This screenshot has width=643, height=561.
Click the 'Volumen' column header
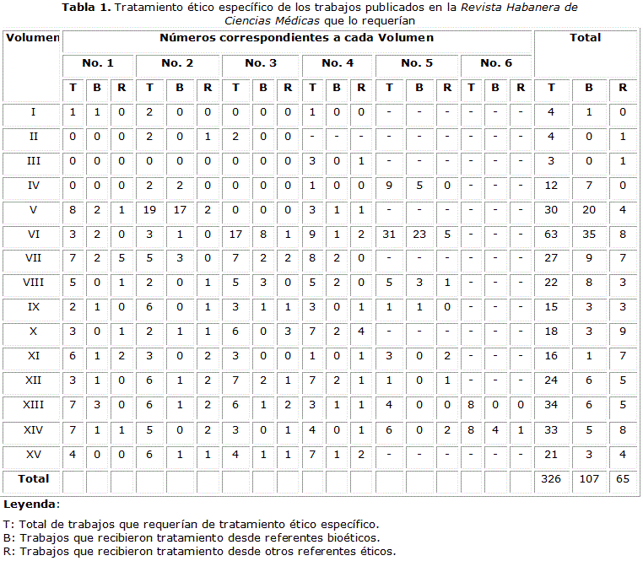point(32,38)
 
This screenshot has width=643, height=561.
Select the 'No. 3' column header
point(261,63)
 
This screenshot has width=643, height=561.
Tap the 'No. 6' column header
point(496,63)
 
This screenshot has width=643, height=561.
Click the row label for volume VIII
point(33,283)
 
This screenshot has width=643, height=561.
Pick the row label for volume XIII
point(33,406)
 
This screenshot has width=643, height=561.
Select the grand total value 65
point(623,479)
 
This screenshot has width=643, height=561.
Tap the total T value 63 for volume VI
point(551,235)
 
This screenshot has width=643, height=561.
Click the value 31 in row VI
point(390,235)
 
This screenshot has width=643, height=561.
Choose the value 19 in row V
point(149,210)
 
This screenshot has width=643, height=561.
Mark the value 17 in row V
point(180,210)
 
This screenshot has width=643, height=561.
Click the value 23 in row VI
point(419,235)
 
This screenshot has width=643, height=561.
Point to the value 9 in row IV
point(390,186)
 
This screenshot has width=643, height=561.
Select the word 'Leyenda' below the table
point(30,504)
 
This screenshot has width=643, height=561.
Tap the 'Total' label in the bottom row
point(33,479)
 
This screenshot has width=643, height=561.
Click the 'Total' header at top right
point(586,38)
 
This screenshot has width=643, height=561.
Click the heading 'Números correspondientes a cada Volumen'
point(296,38)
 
